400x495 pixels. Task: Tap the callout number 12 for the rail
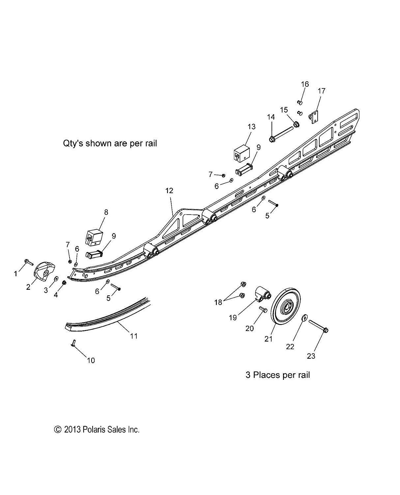[x=169, y=191]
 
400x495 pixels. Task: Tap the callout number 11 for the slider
[x=133, y=336]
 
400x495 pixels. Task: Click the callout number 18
[x=218, y=302]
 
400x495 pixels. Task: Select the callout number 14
[x=271, y=117]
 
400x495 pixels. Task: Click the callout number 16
[x=305, y=84]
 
